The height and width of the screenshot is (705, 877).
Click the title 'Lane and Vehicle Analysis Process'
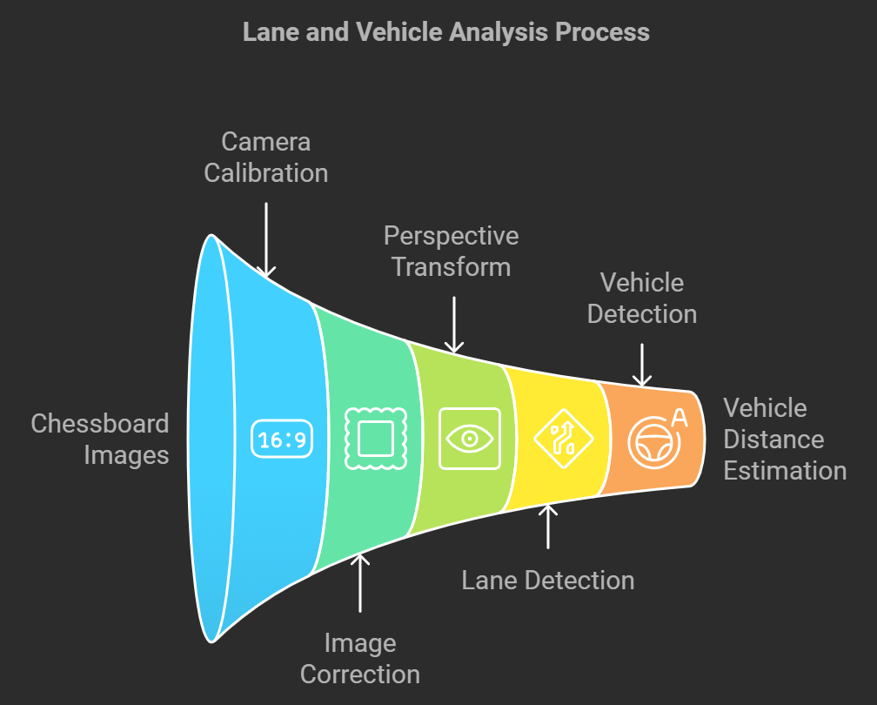445,32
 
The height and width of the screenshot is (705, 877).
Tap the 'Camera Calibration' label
265,157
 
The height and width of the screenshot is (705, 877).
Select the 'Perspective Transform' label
451,251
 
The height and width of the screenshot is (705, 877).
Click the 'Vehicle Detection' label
642,298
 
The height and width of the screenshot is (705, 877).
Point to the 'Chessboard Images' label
100,439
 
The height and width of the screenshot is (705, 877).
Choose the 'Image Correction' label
359,658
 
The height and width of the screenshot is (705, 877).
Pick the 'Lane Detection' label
547,580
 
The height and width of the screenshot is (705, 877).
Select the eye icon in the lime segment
470,438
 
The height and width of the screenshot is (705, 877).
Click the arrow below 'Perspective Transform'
453,323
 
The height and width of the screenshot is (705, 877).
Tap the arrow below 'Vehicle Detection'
641,365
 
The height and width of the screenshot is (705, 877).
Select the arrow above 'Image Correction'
360,582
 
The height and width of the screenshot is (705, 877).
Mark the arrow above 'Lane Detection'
547,526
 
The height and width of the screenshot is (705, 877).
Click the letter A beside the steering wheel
680,418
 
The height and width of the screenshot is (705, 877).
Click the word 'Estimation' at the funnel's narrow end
785,470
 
